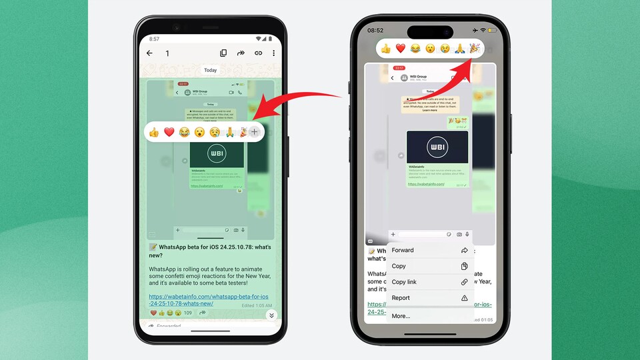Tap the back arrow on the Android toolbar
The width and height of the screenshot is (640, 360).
[x=149, y=53]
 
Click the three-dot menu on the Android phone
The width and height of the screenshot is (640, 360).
[x=273, y=53]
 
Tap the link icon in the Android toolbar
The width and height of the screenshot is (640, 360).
[x=258, y=53]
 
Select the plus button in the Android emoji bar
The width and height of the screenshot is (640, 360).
[x=254, y=132]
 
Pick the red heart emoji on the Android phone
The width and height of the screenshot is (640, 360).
[x=169, y=132]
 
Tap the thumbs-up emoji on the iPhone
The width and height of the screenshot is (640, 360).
[x=385, y=48]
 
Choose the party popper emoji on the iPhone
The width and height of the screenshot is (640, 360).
[x=475, y=48]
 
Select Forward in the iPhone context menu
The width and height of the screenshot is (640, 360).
[x=403, y=251]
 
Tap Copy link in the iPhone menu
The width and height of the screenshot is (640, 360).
[x=404, y=282]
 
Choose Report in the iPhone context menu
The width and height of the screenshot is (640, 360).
[x=401, y=298]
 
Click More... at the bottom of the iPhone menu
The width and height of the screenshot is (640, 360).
[x=401, y=316]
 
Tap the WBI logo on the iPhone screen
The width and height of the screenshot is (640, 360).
[x=437, y=147]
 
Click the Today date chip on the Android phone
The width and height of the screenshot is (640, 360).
[x=211, y=70]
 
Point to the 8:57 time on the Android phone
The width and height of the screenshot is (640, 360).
[x=155, y=39]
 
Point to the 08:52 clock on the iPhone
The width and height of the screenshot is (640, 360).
[x=375, y=31]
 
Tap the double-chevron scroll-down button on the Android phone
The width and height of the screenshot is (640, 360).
[x=271, y=315]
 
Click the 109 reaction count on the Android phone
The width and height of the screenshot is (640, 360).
[x=188, y=313]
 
